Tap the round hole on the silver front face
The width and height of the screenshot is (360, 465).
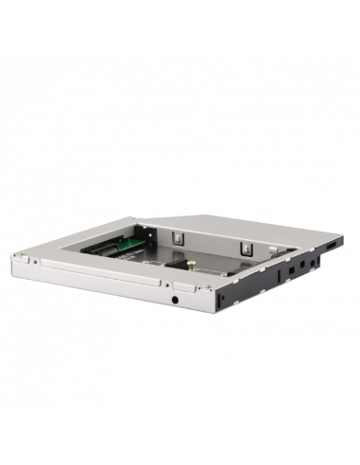coord(177,301)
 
